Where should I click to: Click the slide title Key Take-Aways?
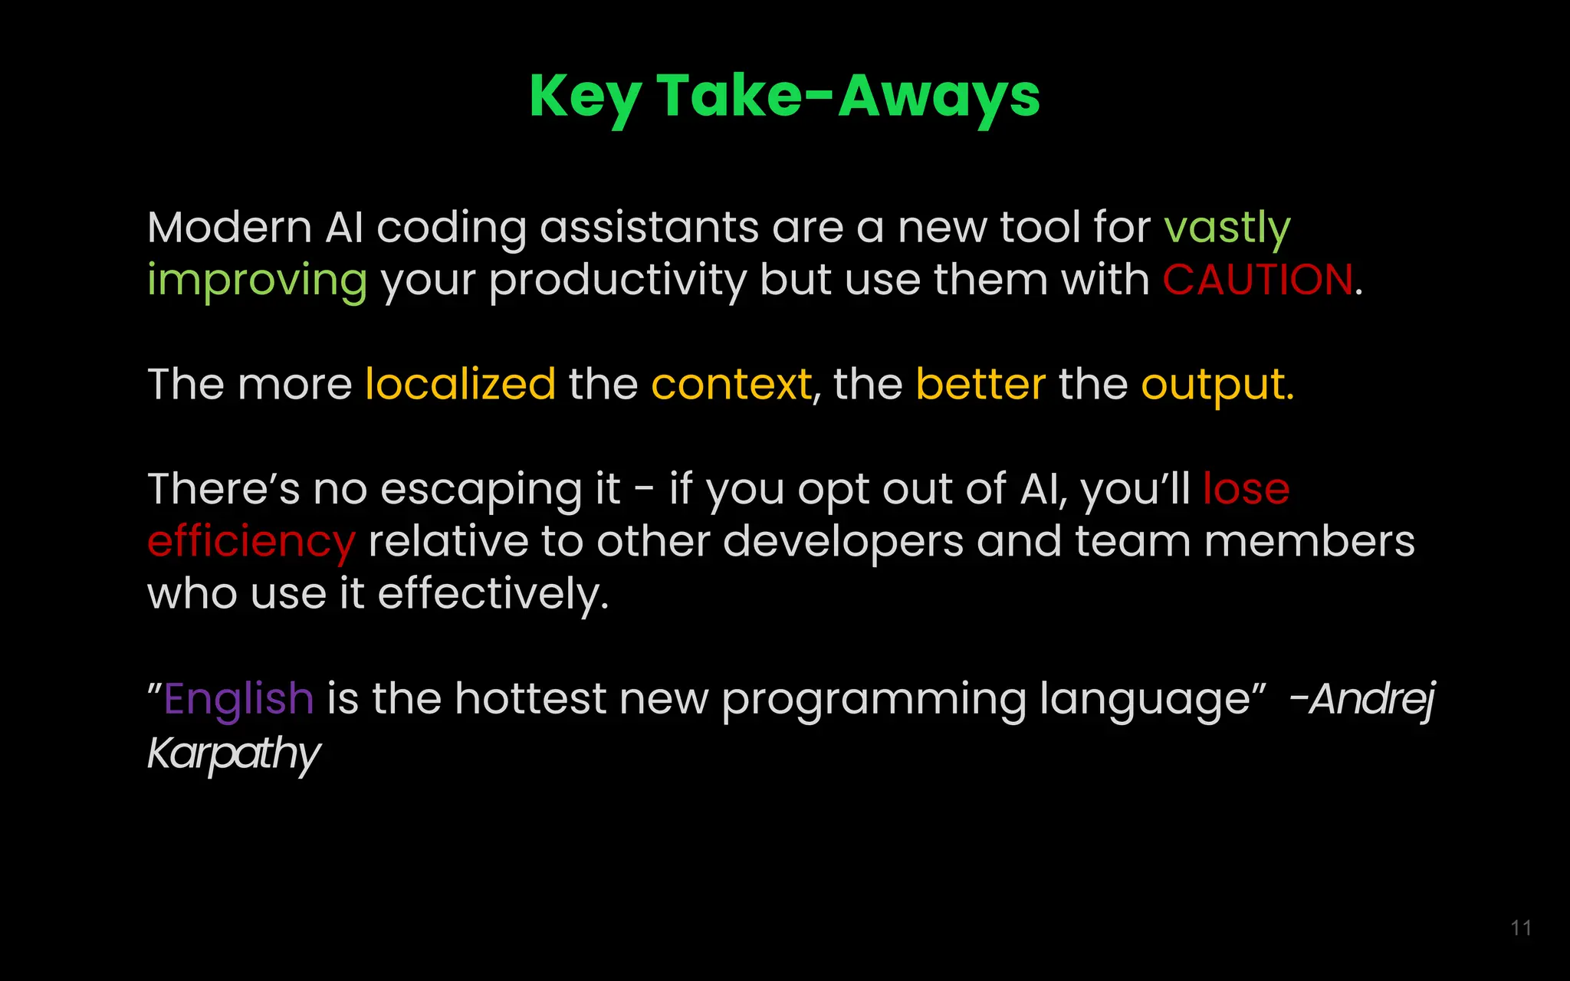(x=784, y=97)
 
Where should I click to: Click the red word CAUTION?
(x=1258, y=280)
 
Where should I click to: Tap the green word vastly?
(x=1227, y=228)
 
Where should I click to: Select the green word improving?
(x=257, y=281)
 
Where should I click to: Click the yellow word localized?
(x=460, y=384)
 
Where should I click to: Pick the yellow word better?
(x=980, y=384)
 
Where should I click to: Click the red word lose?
(x=1246, y=489)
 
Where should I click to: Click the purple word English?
(x=238, y=699)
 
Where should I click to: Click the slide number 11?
(x=1521, y=928)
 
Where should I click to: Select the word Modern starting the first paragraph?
(x=229, y=228)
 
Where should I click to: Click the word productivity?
(x=617, y=281)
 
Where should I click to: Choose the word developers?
(x=842, y=542)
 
